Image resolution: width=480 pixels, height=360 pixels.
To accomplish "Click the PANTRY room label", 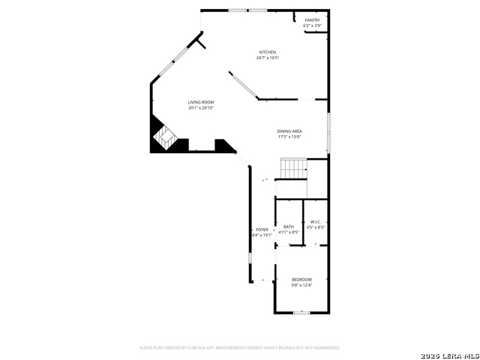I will tap(312, 20).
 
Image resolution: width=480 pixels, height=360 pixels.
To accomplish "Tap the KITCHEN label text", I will tap(268, 52).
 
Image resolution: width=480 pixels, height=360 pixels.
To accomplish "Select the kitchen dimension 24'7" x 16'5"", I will tap(268, 58).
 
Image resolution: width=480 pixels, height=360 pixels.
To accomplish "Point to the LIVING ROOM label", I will tap(201, 102).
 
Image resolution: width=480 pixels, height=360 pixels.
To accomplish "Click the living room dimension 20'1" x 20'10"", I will tap(201, 108).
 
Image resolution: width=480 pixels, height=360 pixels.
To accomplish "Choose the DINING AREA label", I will tap(289, 131).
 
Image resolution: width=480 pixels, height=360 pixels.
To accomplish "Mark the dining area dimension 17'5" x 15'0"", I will tap(289, 136).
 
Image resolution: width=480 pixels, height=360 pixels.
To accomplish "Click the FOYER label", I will tap(262, 229).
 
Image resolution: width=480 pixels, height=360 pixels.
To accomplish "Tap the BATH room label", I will tap(289, 226).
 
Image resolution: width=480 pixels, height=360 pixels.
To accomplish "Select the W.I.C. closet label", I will tap(316, 221).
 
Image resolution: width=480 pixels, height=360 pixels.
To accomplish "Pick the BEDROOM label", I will tap(302, 279).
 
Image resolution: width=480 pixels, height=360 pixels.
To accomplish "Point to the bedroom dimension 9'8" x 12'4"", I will tap(302, 285).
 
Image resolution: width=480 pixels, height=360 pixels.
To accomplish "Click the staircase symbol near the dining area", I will tap(294, 169).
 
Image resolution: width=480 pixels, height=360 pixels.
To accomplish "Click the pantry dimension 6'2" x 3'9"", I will tap(312, 26).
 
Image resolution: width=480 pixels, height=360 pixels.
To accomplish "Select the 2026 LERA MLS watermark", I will tap(449, 354).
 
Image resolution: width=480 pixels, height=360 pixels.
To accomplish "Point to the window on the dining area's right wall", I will tap(328, 132).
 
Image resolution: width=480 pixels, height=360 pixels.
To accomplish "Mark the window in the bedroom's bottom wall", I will tap(301, 313).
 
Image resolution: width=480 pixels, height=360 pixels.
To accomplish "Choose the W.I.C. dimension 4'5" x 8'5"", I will tap(316, 227).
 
